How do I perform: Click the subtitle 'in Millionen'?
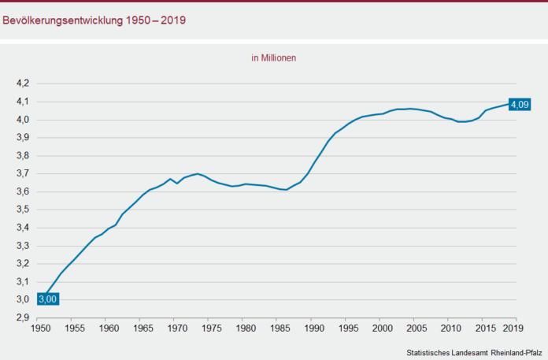point(273,58)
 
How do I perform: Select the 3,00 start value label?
point(46,299)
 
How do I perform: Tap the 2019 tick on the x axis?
point(515,329)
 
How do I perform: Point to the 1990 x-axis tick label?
point(313,329)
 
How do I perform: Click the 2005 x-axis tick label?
point(416,329)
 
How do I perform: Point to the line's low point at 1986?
point(286,190)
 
